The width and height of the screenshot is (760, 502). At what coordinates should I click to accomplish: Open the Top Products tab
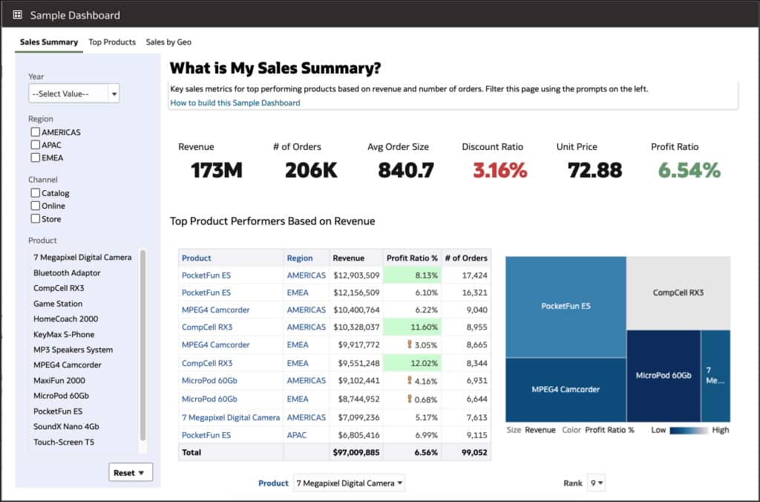[x=112, y=42]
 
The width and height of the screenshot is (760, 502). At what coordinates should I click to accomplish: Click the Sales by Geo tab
[x=168, y=42]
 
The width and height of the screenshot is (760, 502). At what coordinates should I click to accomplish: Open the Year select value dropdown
[x=73, y=94]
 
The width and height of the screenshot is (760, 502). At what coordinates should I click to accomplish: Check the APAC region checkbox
[x=36, y=145]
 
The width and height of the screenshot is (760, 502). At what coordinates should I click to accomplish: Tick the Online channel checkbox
[x=36, y=206]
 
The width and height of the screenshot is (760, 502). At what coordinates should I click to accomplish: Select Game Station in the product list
[x=58, y=304]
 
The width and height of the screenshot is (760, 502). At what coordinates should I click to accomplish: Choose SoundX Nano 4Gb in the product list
[x=66, y=427]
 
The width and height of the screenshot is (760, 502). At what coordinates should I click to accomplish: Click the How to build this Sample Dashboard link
[x=235, y=102]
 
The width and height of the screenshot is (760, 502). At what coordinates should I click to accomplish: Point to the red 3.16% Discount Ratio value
[x=499, y=171]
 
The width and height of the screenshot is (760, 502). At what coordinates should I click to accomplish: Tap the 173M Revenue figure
[x=216, y=171]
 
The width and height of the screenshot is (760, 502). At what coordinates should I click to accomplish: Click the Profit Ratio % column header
[x=411, y=258]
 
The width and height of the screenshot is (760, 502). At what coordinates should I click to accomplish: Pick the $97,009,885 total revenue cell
[x=356, y=452]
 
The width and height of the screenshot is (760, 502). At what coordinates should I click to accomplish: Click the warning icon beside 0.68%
[x=409, y=399]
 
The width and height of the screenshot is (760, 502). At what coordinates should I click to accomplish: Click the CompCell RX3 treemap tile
[x=678, y=293]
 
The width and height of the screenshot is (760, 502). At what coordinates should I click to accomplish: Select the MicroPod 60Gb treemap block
[x=663, y=376]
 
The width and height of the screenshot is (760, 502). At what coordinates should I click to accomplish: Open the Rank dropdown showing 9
[x=596, y=483]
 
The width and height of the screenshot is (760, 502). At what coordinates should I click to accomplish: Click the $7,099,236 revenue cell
[x=356, y=417]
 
